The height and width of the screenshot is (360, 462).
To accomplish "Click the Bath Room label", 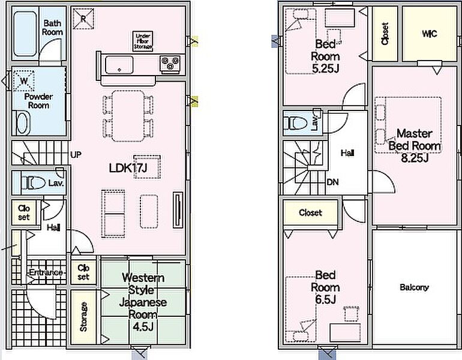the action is (52, 28).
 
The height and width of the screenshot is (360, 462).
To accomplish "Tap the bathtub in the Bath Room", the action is (25, 34).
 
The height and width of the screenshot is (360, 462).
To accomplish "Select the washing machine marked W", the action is (24, 80).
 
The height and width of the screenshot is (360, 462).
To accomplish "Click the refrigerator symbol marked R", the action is (83, 19).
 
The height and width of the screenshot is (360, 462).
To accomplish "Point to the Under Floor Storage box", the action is (143, 41).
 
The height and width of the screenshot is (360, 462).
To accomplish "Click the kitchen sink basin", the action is (119, 65).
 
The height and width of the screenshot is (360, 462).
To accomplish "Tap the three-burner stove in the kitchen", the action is (170, 64).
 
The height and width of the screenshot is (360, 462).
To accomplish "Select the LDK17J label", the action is (128, 168).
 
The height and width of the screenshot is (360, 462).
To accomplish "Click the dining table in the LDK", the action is (128, 116).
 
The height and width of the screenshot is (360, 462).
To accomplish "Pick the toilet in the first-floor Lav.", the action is (33, 183).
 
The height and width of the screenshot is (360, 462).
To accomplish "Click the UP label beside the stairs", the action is (76, 155).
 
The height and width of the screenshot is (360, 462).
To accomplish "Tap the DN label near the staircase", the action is (332, 182).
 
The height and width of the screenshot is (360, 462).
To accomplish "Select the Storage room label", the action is (83, 317).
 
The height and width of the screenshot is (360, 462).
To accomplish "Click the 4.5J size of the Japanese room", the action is (143, 327).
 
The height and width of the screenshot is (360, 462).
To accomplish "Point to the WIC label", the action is (429, 34).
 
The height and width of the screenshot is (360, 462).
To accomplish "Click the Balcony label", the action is (414, 287).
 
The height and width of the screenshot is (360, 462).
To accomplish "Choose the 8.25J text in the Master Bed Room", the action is (415, 158).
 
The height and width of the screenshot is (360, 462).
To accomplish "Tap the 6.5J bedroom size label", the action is (326, 300).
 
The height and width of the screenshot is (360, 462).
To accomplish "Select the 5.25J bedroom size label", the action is (326, 68).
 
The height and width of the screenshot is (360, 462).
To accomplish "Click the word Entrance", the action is (46, 272).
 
